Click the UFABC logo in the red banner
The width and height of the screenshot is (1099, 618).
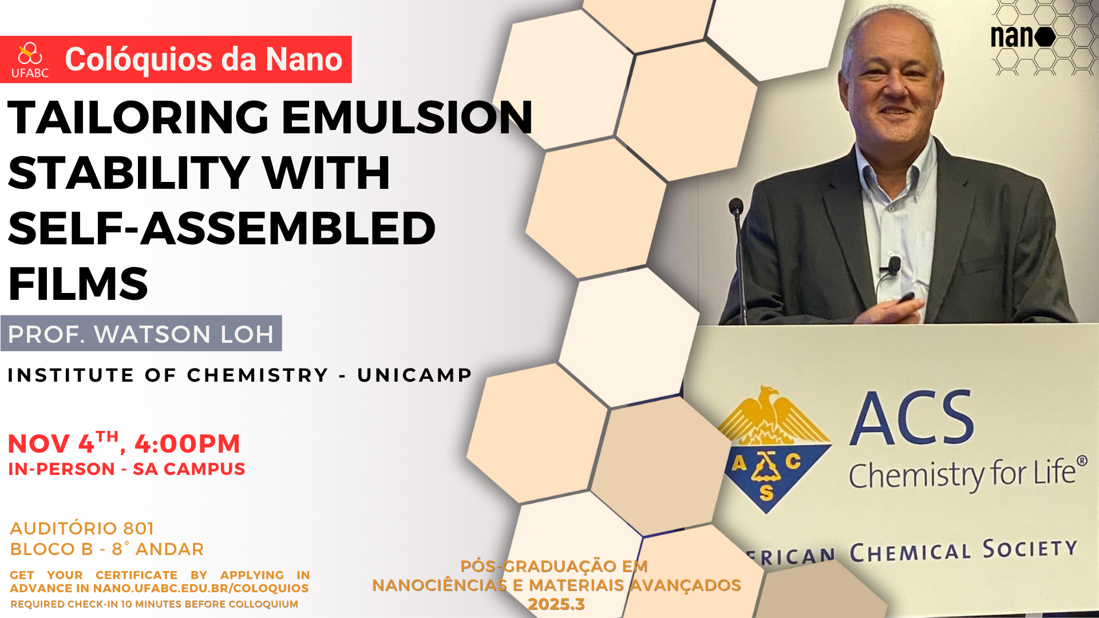(x=30, y=60)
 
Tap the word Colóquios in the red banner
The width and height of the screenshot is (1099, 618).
(x=139, y=59)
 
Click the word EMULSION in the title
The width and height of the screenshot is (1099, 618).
(x=407, y=117)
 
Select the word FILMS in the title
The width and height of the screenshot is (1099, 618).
(x=78, y=284)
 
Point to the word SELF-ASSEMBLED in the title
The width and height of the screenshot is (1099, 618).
(x=222, y=228)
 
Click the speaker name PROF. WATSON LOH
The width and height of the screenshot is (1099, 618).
(x=141, y=334)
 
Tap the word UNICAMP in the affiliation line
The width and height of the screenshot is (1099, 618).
(x=414, y=375)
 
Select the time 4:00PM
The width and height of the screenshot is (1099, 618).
(x=187, y=444)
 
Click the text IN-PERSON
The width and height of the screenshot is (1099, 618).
(x=62, y=469)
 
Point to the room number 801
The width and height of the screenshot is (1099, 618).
(x=139, y=528)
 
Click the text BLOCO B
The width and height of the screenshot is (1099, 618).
(x=52, y=549)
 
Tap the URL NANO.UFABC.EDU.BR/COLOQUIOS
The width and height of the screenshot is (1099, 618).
(x=201, y=588)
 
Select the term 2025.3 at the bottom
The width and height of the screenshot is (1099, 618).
(x=556, y=604)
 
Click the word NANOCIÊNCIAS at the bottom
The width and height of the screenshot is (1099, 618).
(x=440, y=585)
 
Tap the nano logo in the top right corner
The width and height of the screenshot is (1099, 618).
(x=1023, y=37)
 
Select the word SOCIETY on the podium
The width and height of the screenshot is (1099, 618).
(x=1030, y=549)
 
